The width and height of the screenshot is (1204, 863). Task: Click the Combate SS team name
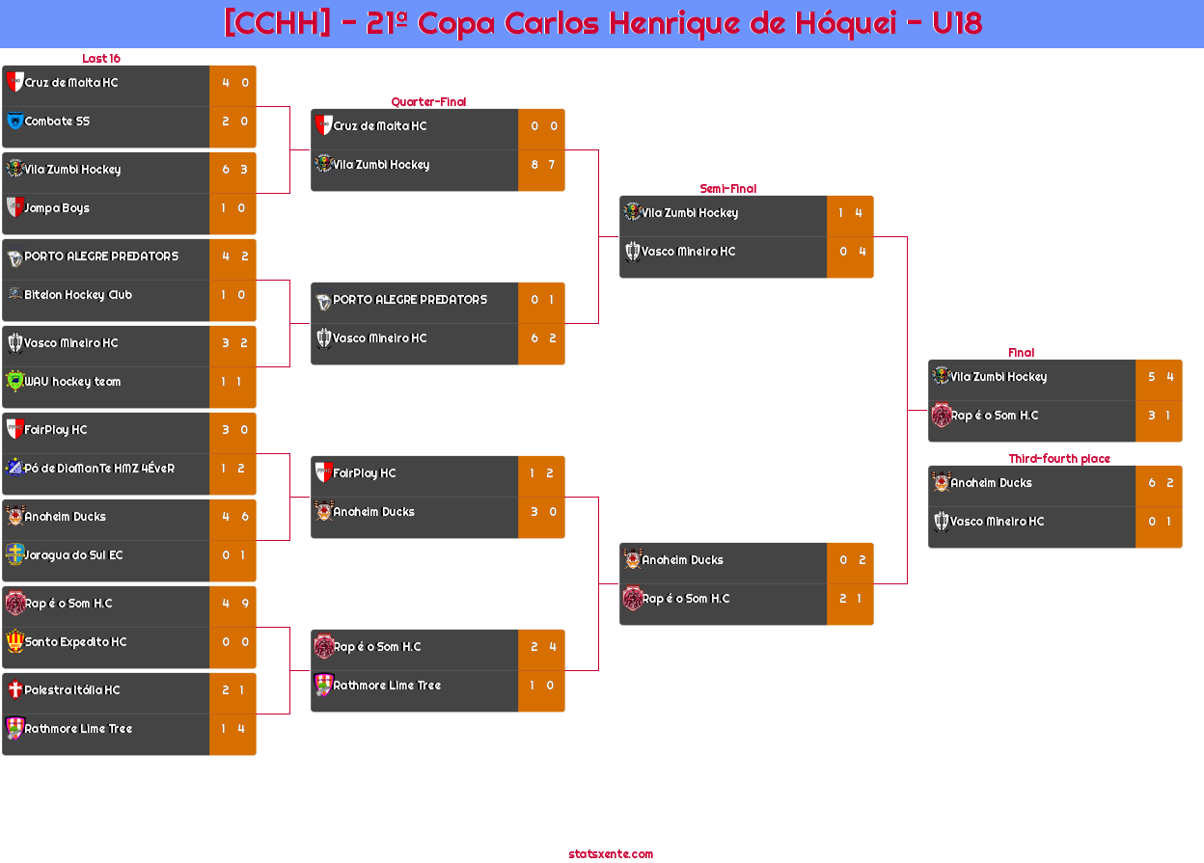pyautogui.click(x=57, y=121)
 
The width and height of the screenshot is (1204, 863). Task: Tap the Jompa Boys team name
pyautogui.click(x=57, y=208)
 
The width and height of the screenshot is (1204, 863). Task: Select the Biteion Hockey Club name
pyautogui.click(x=78, y=294)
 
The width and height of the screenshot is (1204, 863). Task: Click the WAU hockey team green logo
pyautogui.click(x=15, y=381)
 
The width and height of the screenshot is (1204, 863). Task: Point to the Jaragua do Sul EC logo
pyautogui.click(x=15, y=554)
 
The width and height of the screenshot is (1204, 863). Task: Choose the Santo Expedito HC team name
pyautogui.click(x=76, y=641)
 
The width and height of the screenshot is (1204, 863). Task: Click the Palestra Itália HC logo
pyautogui.click(x=15, y=689)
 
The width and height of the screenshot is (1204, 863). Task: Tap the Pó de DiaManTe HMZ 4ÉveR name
pyautogui.click(x=99, y=468)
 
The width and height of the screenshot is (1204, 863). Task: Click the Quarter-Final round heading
pyautogui.click(x=428, y=101)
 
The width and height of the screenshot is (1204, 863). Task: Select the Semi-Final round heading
pyautogui.click(x=727, y=189)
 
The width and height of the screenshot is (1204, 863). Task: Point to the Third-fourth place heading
pyautogui.click(x=1059, y=458)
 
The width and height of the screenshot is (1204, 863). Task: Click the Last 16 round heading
pyautogui.click(x=101, y=58)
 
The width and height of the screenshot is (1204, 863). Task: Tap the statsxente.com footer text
pyautogui.click(x=611, y=854)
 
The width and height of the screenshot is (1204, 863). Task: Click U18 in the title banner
pyautogui.click(x=957, y=23)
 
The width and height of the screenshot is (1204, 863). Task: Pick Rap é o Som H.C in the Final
pyautogui.click(x=995, y=416)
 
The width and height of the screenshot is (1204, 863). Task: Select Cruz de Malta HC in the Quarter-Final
pyautogui.click(x=380, y=125)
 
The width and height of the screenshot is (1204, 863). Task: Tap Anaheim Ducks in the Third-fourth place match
pyautogui.click(x=991, y=482)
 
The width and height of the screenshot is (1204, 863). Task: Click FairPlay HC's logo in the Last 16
pyautogui.click(x=15, y=429)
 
